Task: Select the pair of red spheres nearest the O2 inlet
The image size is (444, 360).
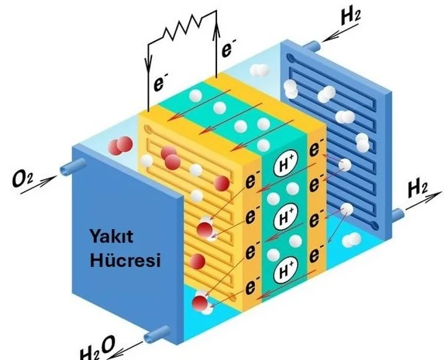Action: (x=118, y=146)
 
